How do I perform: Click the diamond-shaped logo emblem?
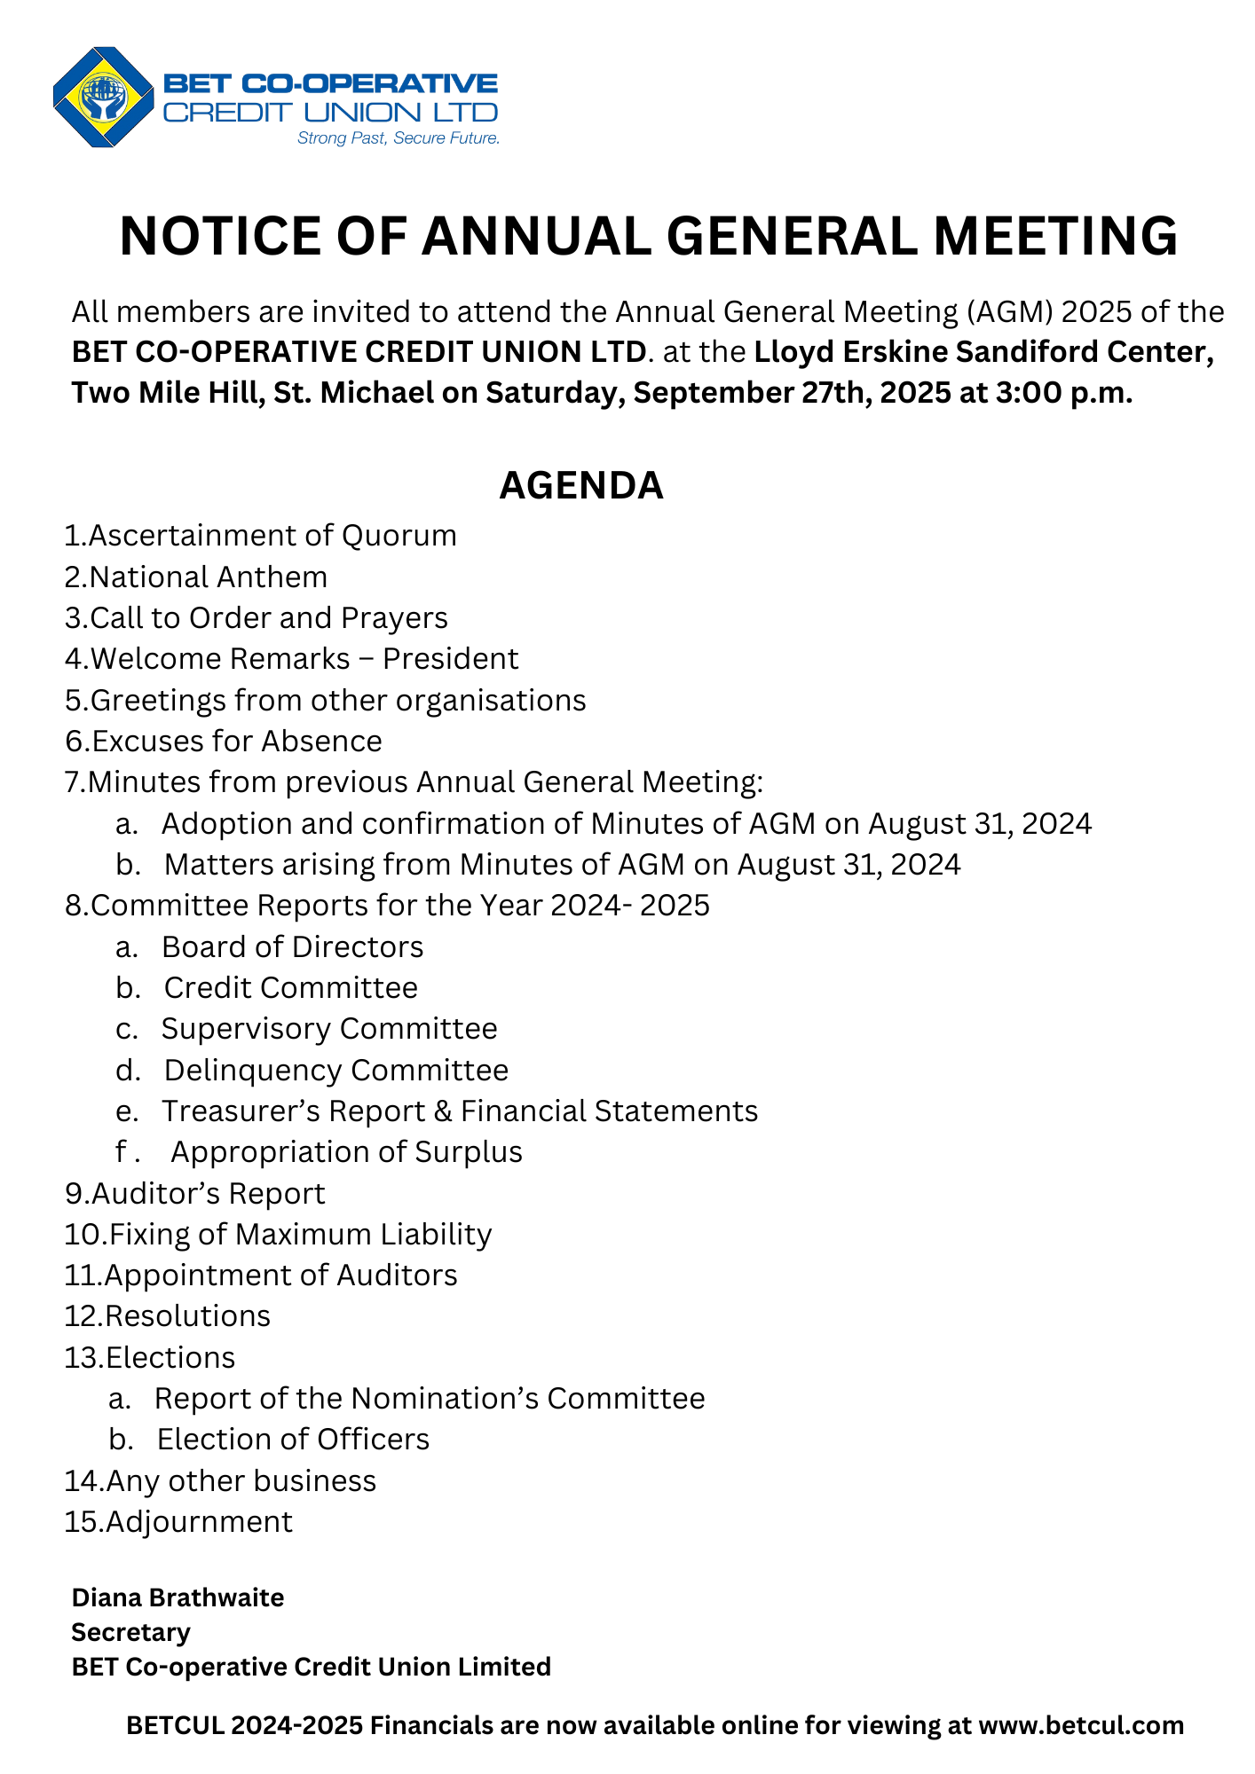pos(103,97)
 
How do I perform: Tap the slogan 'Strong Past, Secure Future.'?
pos(398,138)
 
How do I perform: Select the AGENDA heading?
pos(581,485)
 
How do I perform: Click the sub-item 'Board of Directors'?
pos(292,947)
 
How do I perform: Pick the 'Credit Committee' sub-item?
pos(290,988)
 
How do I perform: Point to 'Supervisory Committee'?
pos(329,1029)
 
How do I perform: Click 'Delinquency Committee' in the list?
pos(335,1071)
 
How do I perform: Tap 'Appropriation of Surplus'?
pos(346,1152)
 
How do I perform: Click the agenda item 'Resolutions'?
pos(187,1316)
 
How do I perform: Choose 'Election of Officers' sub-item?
pos(293,1440)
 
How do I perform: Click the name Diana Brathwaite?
pos(178,1597)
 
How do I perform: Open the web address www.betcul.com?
pos(1080,1725)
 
